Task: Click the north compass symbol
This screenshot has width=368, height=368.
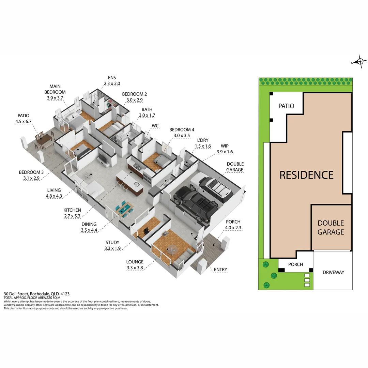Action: pyautogui.click(x=359, y=62)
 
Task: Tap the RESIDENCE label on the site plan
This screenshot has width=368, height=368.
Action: pyautogui.click(x=306, y=175)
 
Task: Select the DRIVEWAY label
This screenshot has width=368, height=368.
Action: pyautogui.click(x=333, y=272)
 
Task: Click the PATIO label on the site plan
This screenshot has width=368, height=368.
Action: pyautogui.click(x=286, y=106)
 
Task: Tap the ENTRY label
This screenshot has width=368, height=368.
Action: pyautogui.click(x=220, y=270)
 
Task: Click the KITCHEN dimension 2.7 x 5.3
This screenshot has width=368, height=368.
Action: pyautogui.click(x=72, y=216)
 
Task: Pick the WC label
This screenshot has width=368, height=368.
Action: pyautogui.click(x=155, y=126)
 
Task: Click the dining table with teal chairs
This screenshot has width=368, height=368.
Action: pyautogui.click(x=124, y=209)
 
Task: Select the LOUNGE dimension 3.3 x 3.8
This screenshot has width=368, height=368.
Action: pyautogui.click(x=135, y=267)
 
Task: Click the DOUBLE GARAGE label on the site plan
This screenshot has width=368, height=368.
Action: pyautogui.click(x=331, y=228)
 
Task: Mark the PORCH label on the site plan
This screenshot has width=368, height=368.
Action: pyautogui.click(x=295, y=265)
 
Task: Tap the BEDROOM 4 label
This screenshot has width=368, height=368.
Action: pyautogui.click(x=182, y=130)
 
